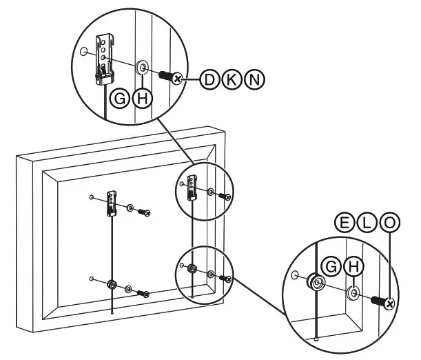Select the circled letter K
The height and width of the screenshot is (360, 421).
click(x=231, y=79)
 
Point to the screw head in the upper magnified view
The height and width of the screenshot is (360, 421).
click(x=178, y=79)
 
